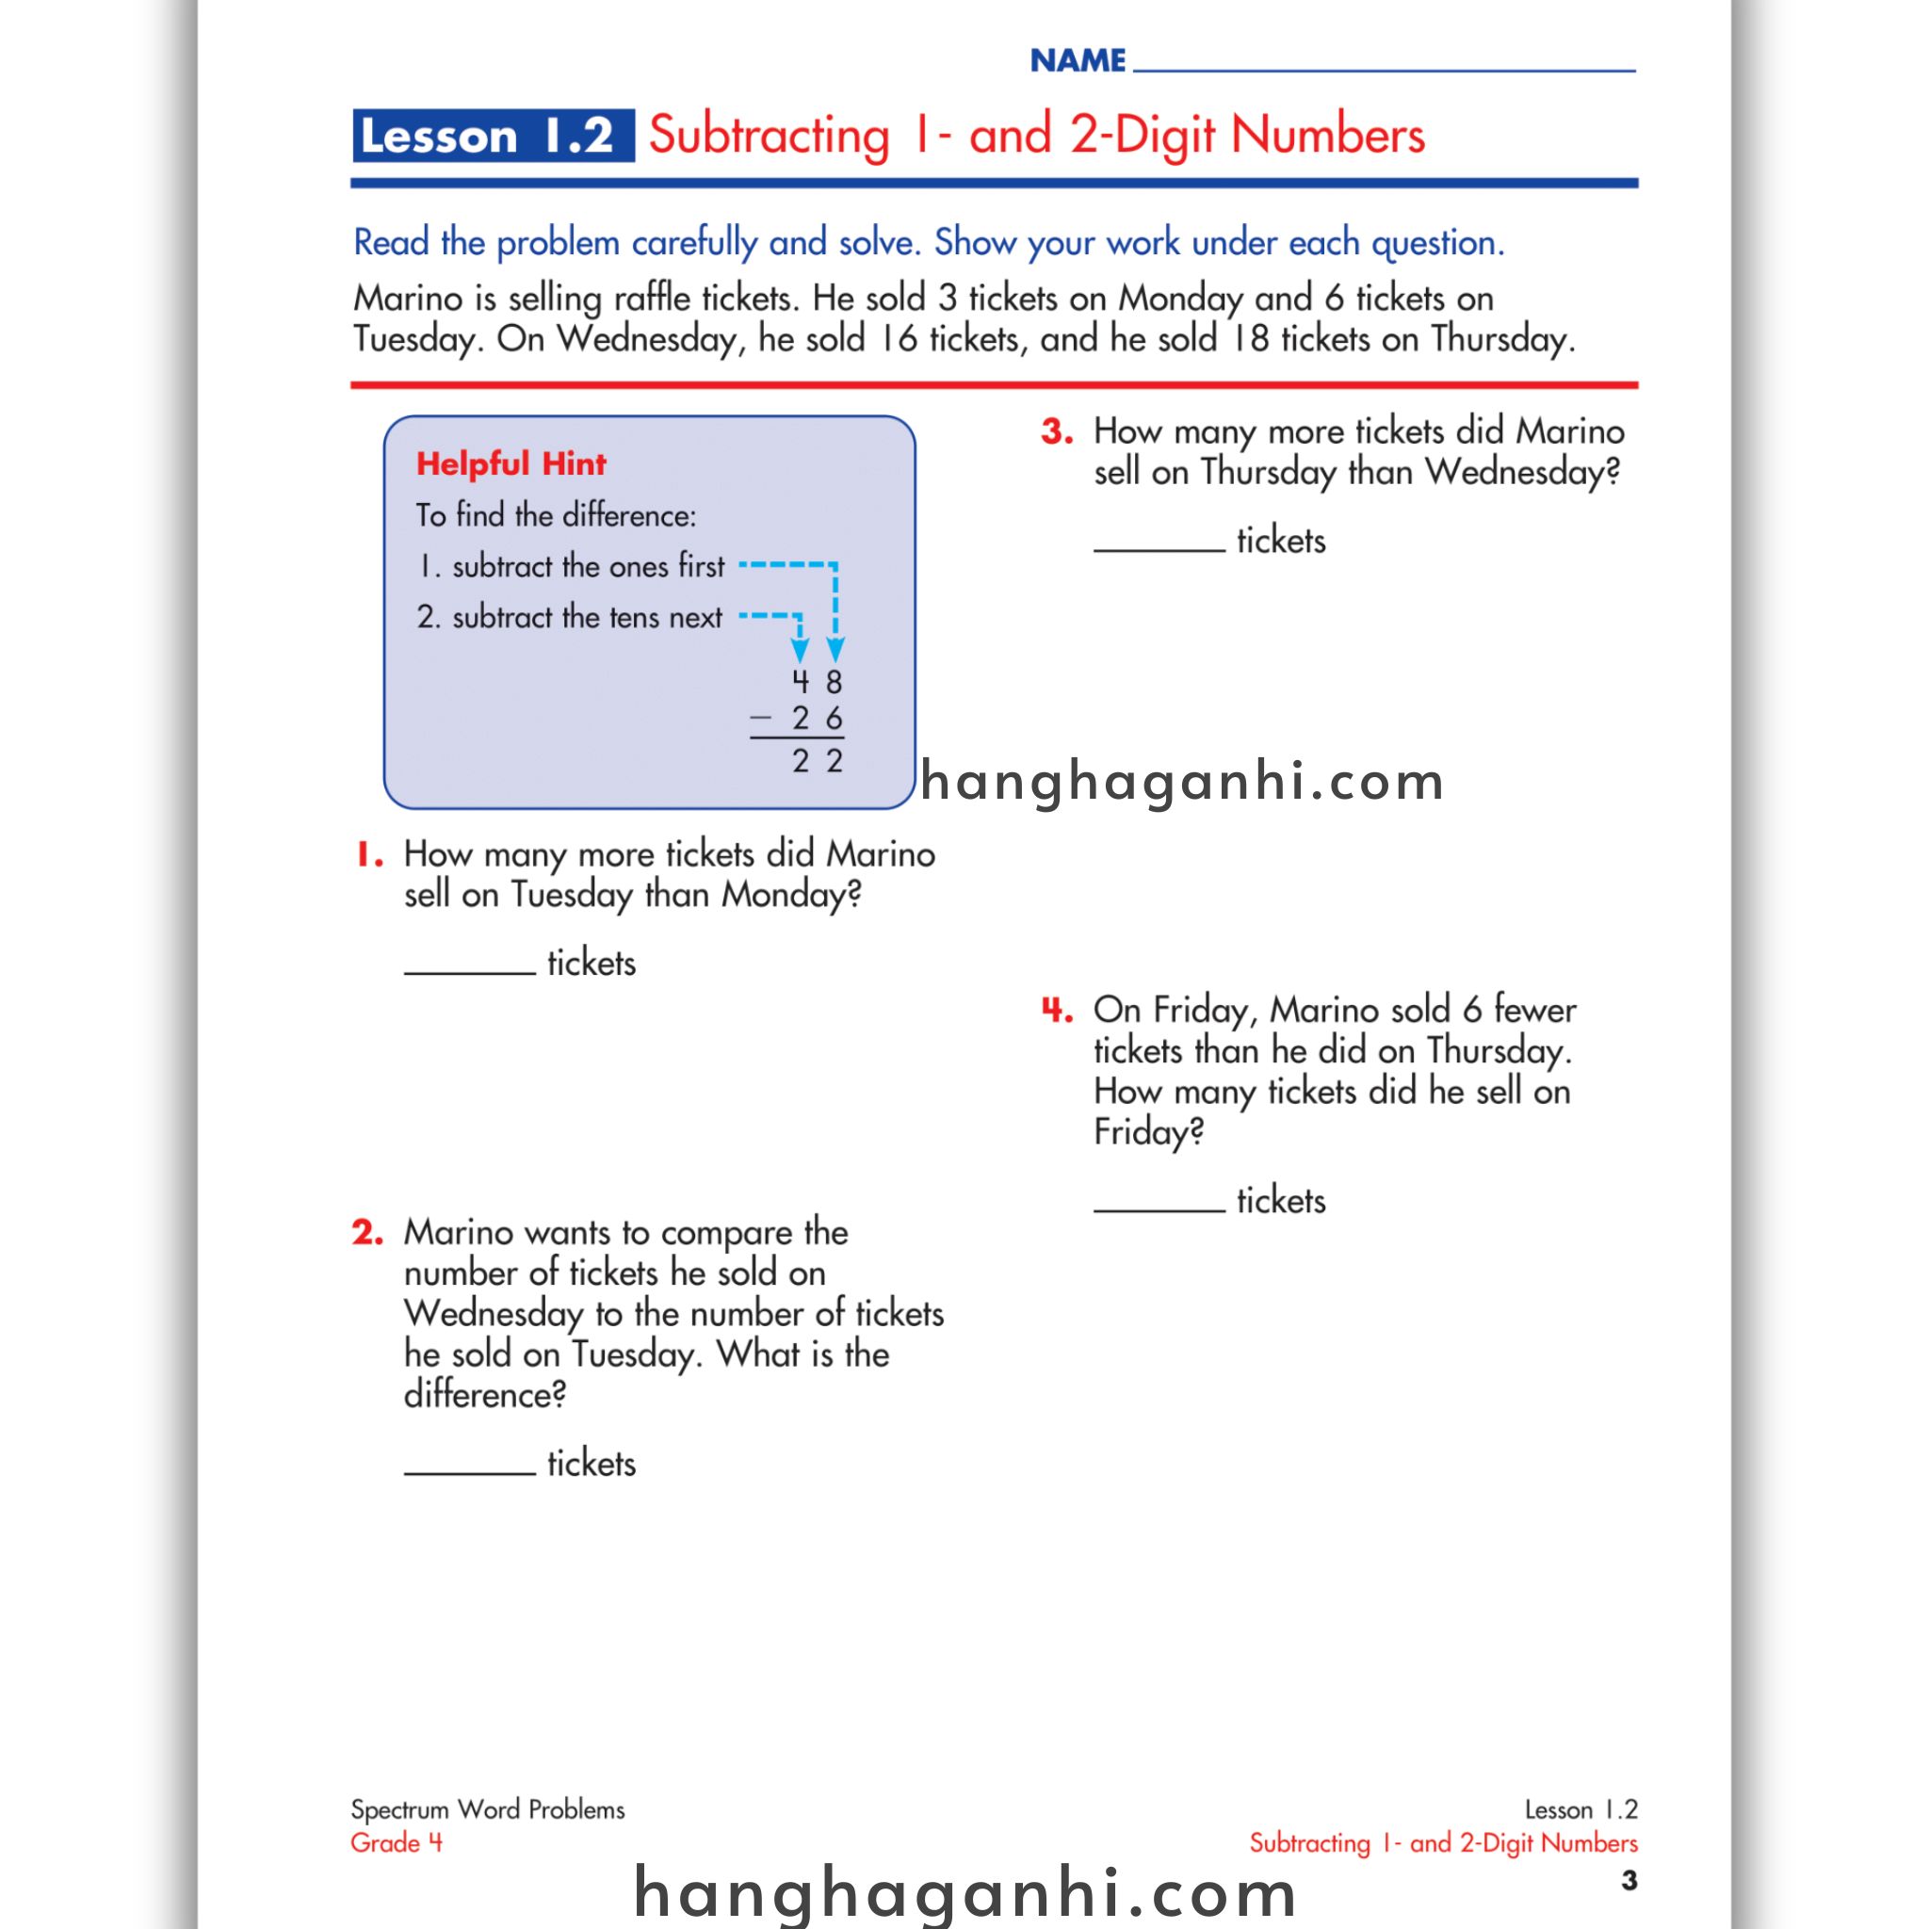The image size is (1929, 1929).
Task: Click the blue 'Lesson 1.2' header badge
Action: (x=493, y=136)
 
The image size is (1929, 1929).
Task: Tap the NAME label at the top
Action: (x=1078, y=62)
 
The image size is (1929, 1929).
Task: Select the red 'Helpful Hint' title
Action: (x=511, y=464)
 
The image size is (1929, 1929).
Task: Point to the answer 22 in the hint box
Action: (x=817, y=762)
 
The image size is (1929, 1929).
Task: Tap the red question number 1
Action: (x=368, y=854)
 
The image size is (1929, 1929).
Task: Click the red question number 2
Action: (x=367, y=1233)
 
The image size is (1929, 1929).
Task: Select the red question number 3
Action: (x=1057, y=432)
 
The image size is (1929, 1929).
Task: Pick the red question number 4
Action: (x=1057, y=1011)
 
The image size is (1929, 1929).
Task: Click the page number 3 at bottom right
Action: (x=1629, y=1881)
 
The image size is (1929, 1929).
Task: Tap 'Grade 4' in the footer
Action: (x=397, y=1843)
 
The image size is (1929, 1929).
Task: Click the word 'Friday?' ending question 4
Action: (x=1148, y=1133)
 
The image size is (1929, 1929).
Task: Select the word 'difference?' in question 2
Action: (x=484, y=1395)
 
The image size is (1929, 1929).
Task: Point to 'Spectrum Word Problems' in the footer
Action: (x=487, y=1810)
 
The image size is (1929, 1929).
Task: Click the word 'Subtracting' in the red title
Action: (x=768, y=136)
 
